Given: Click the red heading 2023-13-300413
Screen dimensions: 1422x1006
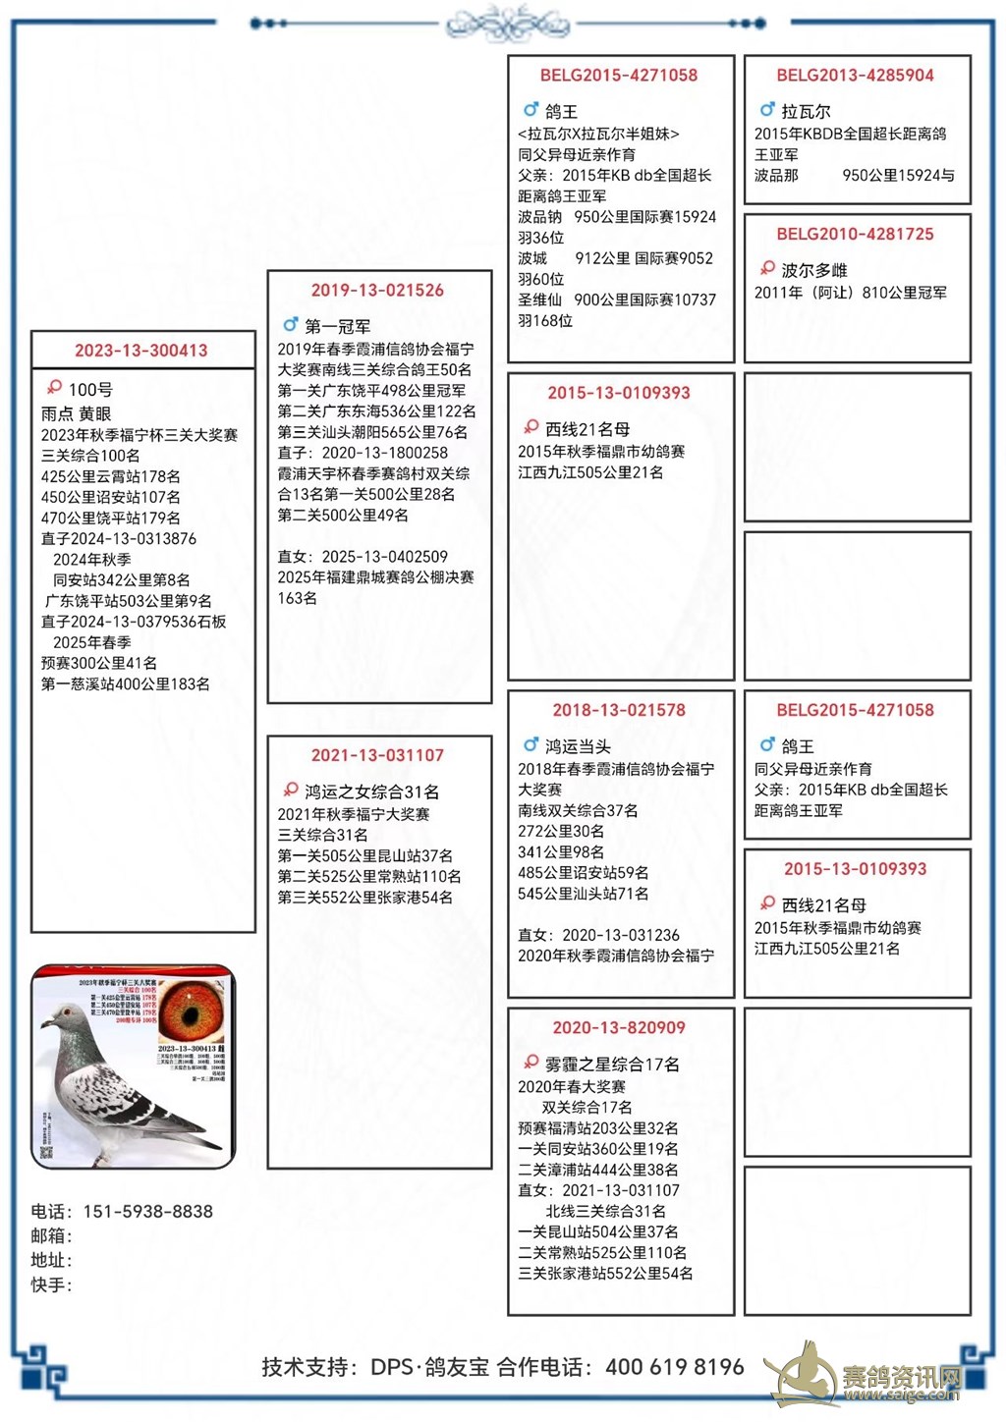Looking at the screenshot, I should (141, 351).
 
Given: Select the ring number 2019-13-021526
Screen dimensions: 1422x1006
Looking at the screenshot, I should (377, 291).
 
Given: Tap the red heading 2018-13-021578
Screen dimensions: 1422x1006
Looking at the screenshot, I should (619, 710).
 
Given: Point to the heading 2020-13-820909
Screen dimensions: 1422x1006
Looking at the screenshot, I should (619, 1028).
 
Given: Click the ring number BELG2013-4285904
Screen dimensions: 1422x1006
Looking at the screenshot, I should (855, 76).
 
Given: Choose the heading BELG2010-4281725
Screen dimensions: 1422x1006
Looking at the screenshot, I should (855, 235).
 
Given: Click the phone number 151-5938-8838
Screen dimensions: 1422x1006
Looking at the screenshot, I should (148, 1212).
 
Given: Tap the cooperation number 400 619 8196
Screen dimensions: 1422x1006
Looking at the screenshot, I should (675, 1367).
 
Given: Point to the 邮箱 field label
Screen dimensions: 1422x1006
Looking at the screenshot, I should (50, 1236).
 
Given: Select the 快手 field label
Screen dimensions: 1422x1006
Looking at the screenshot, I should (50, 1285).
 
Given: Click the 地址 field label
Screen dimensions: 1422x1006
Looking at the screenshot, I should (50, 1261).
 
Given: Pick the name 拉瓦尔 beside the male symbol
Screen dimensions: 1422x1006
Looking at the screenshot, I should (806, 112).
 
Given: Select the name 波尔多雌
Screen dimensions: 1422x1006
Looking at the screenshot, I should (814, 271).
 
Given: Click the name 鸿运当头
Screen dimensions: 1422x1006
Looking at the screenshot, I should (578, 747).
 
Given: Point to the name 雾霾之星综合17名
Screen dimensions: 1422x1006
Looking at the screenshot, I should (612, 1065).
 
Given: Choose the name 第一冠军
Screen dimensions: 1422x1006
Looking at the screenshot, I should (337, 327).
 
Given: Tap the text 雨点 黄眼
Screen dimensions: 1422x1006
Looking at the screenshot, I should (77, 414).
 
